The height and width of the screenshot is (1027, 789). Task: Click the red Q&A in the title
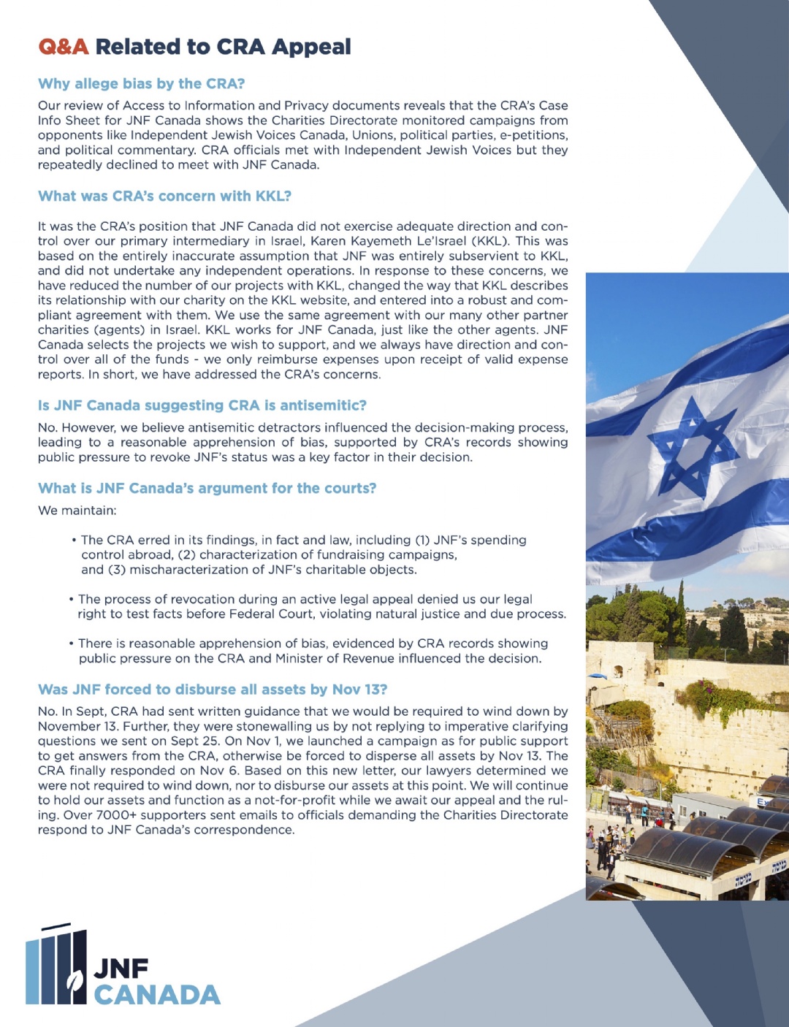[63, 47]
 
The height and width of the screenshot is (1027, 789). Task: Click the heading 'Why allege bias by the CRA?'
[141, 83]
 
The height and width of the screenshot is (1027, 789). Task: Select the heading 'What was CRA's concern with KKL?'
[164, 196]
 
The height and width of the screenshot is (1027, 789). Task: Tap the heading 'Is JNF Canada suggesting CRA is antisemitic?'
[202, 405]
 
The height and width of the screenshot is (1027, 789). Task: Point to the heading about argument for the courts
[207, 488]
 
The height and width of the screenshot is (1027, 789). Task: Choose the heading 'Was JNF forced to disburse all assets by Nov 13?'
[212, 689]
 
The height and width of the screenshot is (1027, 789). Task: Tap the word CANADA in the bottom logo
[157, 994]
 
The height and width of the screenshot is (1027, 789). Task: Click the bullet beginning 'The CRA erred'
[300, 554]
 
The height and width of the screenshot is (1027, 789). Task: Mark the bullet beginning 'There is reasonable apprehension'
[310, 651]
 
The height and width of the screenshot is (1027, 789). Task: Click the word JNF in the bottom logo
[121, 969]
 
